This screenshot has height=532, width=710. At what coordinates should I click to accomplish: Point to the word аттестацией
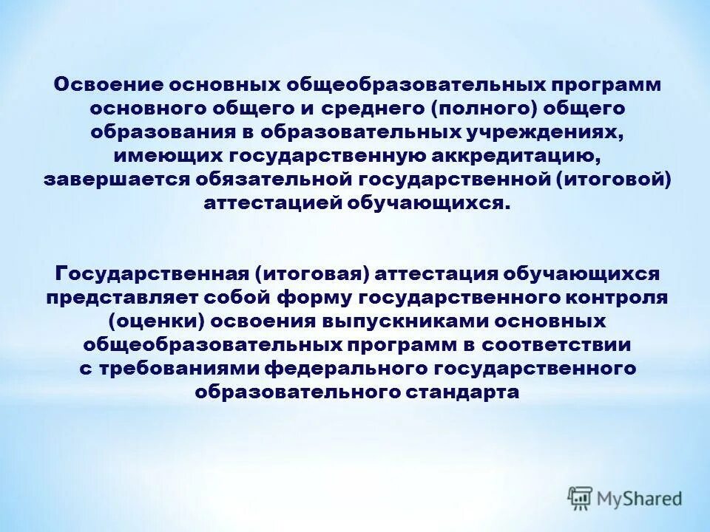[271, 205]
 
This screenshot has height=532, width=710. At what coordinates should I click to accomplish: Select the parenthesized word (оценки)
[153, 321]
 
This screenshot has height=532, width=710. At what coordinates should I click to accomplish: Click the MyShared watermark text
[640, 499]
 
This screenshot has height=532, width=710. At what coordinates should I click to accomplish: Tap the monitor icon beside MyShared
[581, 498]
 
